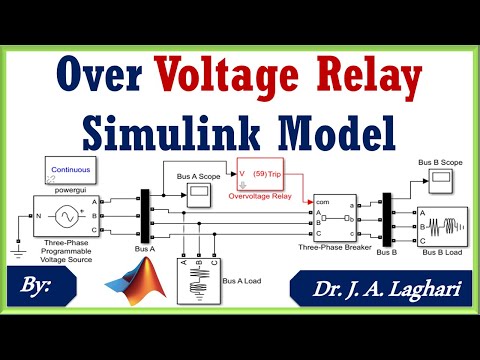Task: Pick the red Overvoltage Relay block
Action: point(261,173)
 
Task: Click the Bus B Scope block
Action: point(440,180)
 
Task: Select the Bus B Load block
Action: point(441,225)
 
